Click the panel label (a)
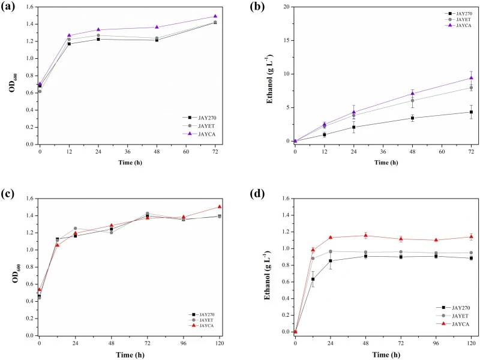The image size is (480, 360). coord(8,7)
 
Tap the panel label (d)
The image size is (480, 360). coord(257,193)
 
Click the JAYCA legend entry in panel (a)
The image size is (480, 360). coord(199,134)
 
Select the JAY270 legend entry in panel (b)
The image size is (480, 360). coord(458,13)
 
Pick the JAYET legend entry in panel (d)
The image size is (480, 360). coord(453,316)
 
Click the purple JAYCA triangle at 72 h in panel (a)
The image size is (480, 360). coord(215,16)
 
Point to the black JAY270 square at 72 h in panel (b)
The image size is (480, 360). coord(471,112)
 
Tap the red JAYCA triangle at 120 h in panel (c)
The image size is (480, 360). coord(219,206)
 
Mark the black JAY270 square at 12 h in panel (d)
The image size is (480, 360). coord(313,279)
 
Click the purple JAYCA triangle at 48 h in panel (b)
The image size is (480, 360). coord(413,94)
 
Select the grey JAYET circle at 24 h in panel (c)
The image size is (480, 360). coord(76,229)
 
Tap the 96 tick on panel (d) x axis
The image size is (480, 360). coord(436,343)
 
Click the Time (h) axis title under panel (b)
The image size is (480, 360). coord(386,162)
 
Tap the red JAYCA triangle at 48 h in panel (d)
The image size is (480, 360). coord(365,235)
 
